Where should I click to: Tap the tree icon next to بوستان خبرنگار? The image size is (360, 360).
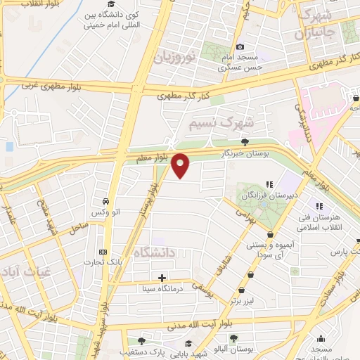244,142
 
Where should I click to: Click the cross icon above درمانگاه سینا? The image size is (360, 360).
162,277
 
